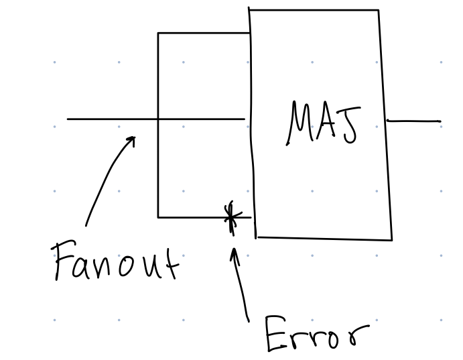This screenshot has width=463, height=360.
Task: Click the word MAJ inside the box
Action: (x=324, y=124)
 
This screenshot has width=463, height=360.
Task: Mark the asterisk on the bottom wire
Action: (x=231, y=217)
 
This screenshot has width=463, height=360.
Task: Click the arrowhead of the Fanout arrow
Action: (x=133, y=139)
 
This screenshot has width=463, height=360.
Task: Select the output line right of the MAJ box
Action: (x=414, y=121)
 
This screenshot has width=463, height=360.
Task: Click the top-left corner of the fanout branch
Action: (x=158, y=33)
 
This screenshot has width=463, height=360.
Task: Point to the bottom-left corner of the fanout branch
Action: (x=158, y=217)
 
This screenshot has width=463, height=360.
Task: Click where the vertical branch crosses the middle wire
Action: (x=158, y=119)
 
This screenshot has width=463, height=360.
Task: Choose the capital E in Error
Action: (x=275, y=333)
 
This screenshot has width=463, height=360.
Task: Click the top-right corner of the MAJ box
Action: (x=379, y=10)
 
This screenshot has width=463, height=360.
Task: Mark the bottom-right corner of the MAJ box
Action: (x=391, y=239)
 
